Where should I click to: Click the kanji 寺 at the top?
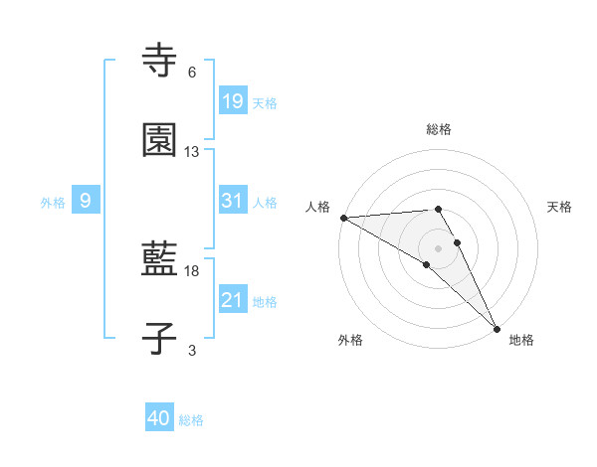pos(160,61)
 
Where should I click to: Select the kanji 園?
pos(160,140)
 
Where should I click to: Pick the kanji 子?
pos(160,339)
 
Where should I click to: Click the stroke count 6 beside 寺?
pos(192,73)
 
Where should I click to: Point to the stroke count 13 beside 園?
pos(192,152)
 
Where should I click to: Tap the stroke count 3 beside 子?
pos(192,350)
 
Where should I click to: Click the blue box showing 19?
pos(232,100)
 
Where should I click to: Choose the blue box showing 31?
pos(232,201)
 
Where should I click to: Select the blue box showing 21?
pos(232,300)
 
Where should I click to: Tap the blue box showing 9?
pos(86,201)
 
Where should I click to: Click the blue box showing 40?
pos(159,418)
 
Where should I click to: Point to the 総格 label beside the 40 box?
pos(191,420)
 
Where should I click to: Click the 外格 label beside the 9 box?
pos(53,203)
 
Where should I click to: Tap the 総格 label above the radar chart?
pos(439,129)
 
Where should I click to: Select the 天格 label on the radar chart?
pos(560,207)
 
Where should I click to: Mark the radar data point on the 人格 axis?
pos(343,218)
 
